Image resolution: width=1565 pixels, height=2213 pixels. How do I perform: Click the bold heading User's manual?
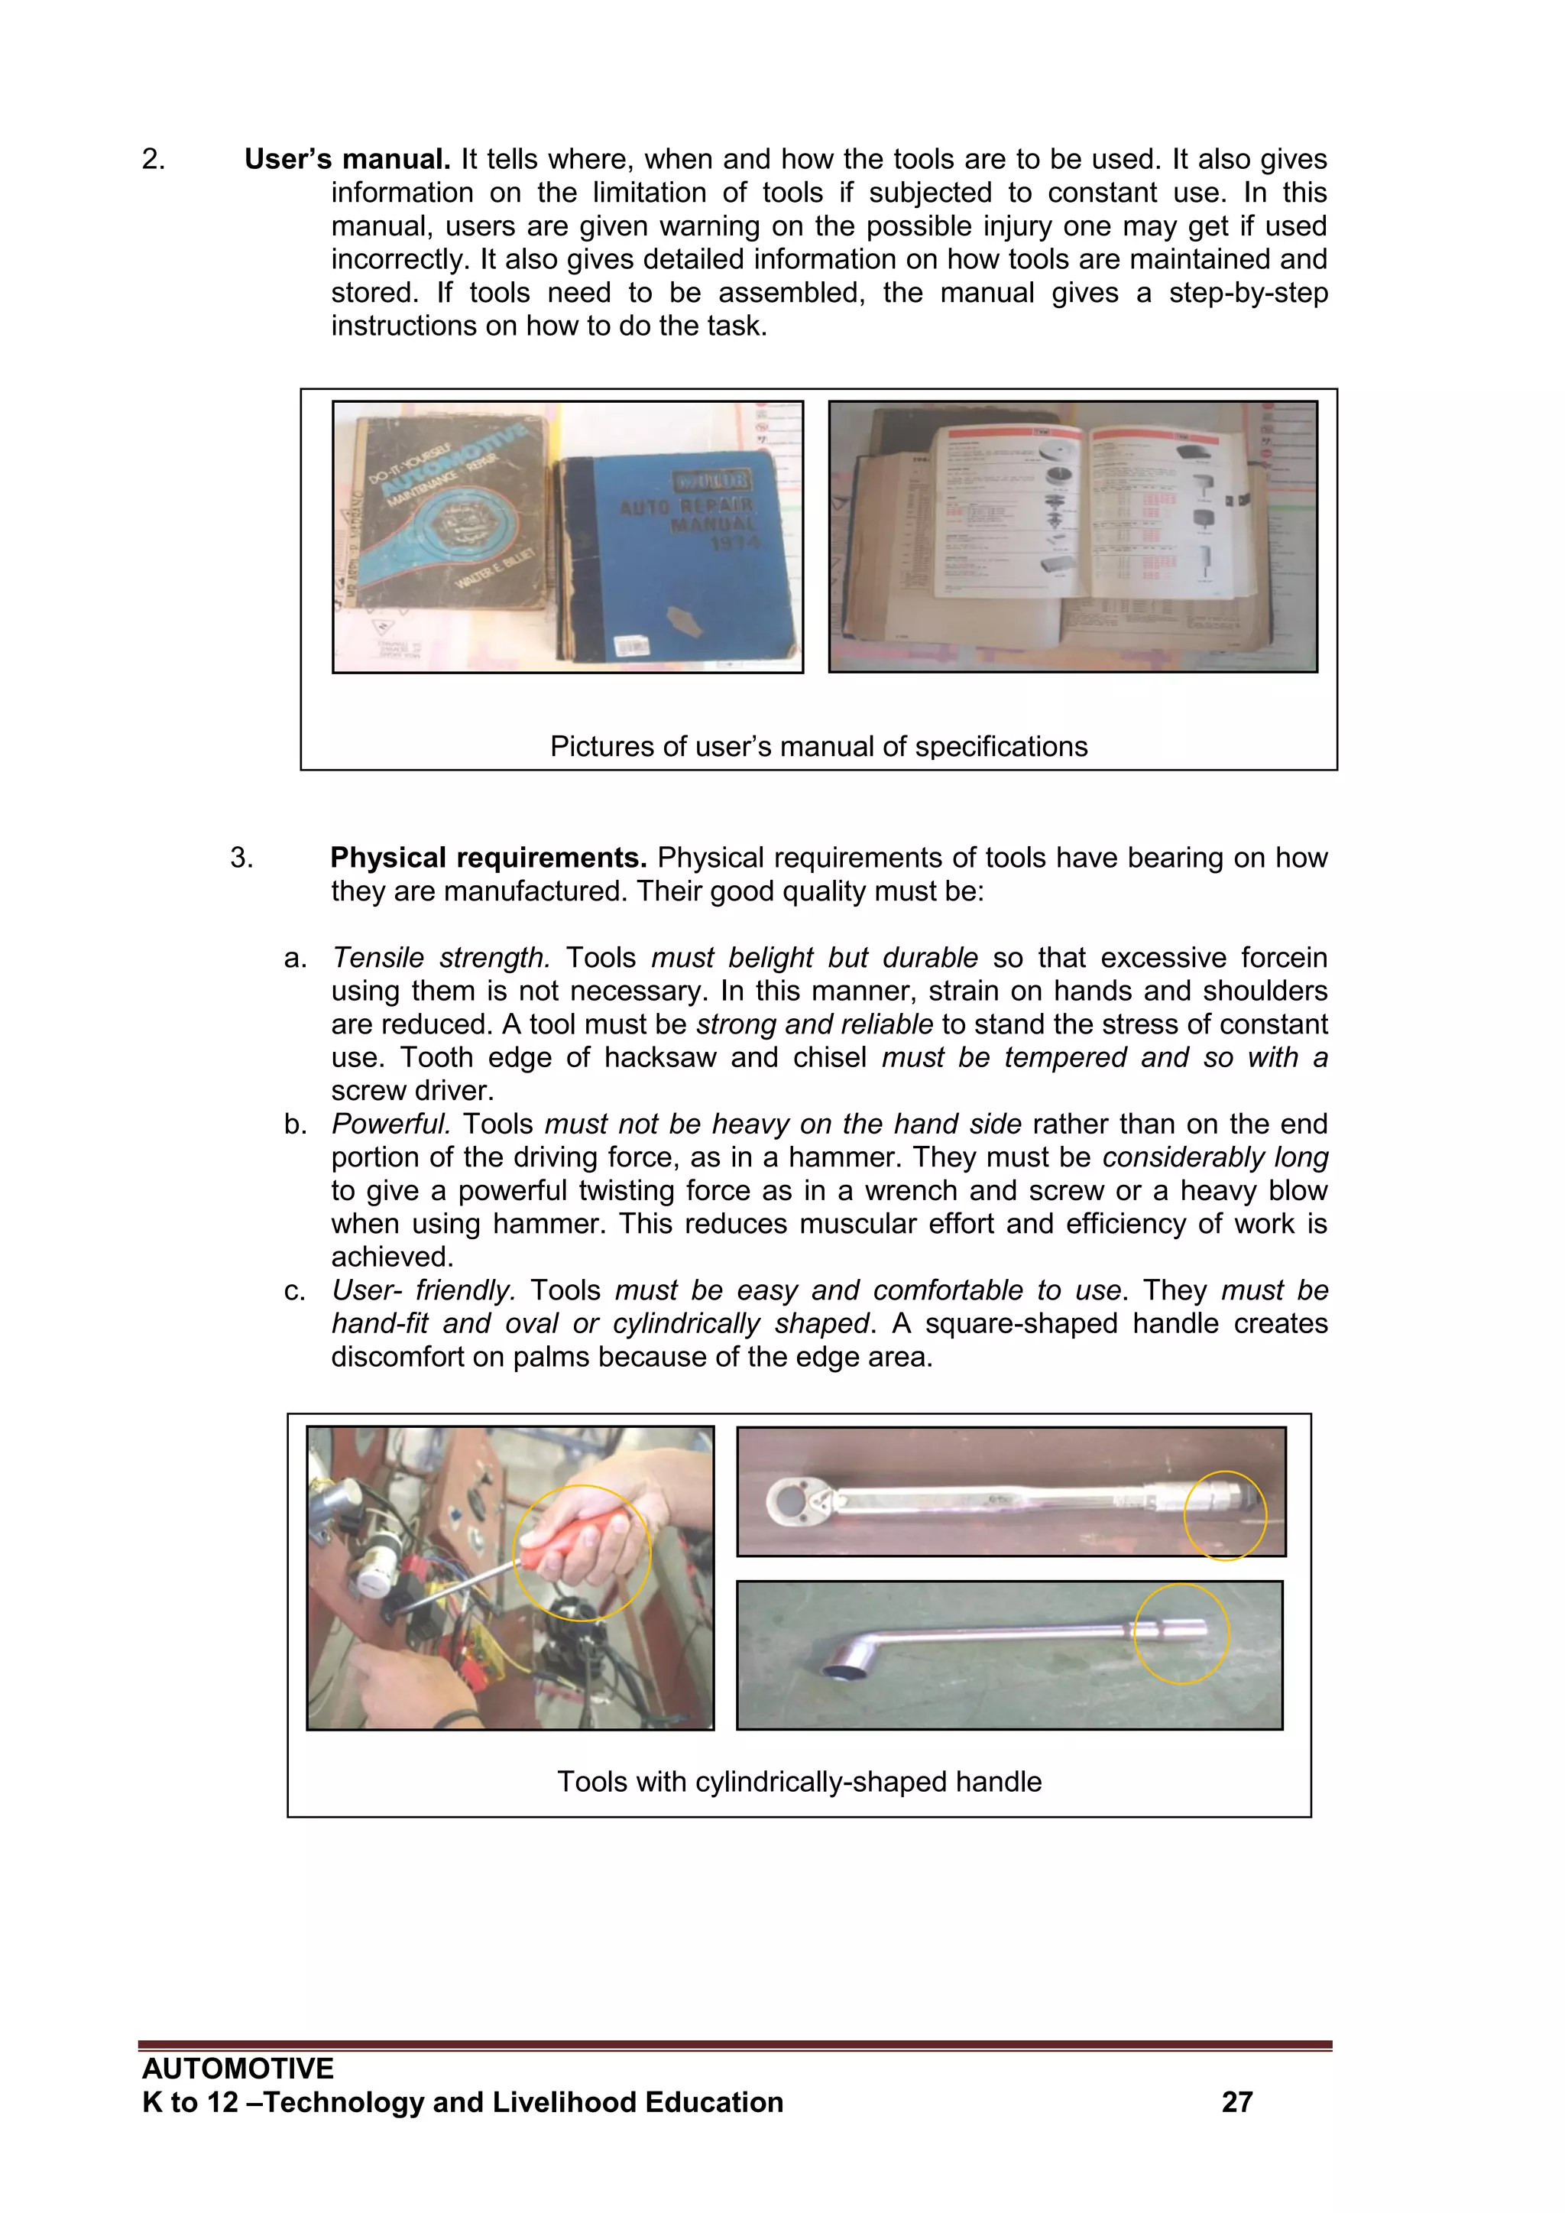point(347,159)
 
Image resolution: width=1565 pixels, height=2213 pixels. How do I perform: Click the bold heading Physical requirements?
point(488,858)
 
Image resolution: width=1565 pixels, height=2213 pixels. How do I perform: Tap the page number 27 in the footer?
point(1236,2102)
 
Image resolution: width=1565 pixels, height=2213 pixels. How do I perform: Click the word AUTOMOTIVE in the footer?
point(238,2069)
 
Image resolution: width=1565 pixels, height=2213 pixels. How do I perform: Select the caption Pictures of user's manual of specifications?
point(818,746)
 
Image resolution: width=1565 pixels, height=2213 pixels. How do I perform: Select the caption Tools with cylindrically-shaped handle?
point(799,1781)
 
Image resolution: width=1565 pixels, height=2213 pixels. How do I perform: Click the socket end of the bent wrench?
point(848,1675)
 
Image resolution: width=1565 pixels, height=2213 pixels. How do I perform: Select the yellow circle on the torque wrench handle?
point(1225,1515)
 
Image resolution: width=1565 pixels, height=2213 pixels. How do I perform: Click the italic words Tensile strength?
point(440,958)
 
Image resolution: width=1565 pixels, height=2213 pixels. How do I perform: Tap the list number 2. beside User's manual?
point(154,159)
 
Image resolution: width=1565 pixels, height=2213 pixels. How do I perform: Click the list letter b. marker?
point(295,1124)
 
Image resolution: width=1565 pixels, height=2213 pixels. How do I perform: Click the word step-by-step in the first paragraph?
point(1247,293)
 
